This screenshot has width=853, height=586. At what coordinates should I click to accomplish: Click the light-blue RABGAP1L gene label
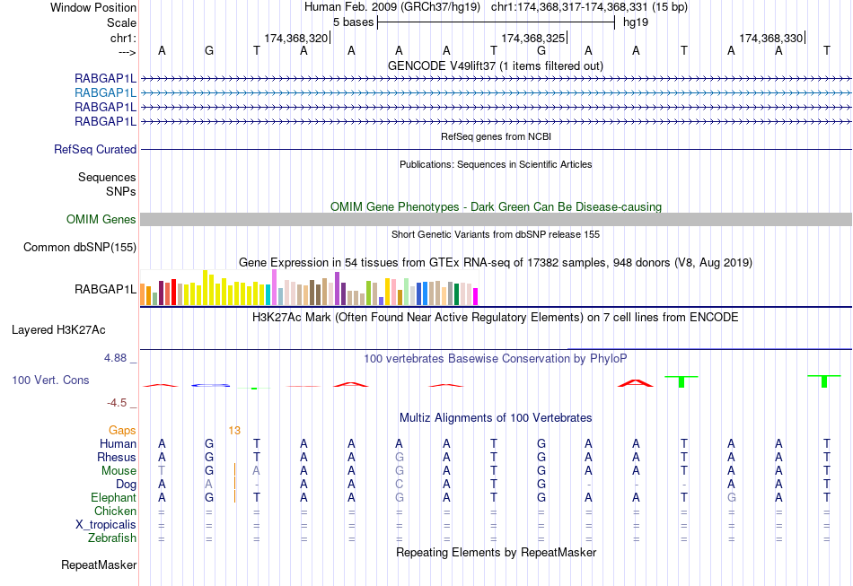coord(105,92)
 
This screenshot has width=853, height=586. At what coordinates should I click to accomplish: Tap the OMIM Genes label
coord(101,219)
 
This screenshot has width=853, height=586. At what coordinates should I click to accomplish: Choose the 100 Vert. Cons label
coord(50,380)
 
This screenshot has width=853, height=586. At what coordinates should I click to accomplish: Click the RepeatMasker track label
coord(99,565)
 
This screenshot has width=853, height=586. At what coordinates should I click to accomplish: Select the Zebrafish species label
coord(112,538)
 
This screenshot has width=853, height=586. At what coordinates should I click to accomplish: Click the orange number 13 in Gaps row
coord(233,431)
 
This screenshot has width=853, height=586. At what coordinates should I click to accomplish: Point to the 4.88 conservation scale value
coord(119,358)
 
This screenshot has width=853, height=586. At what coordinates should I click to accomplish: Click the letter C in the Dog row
coord(399,485)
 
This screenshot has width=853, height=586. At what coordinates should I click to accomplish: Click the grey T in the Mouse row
coord(162,471)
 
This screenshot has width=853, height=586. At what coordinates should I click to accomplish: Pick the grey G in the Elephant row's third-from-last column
coord(732,498)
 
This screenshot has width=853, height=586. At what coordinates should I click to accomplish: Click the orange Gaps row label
coord(122,431)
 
